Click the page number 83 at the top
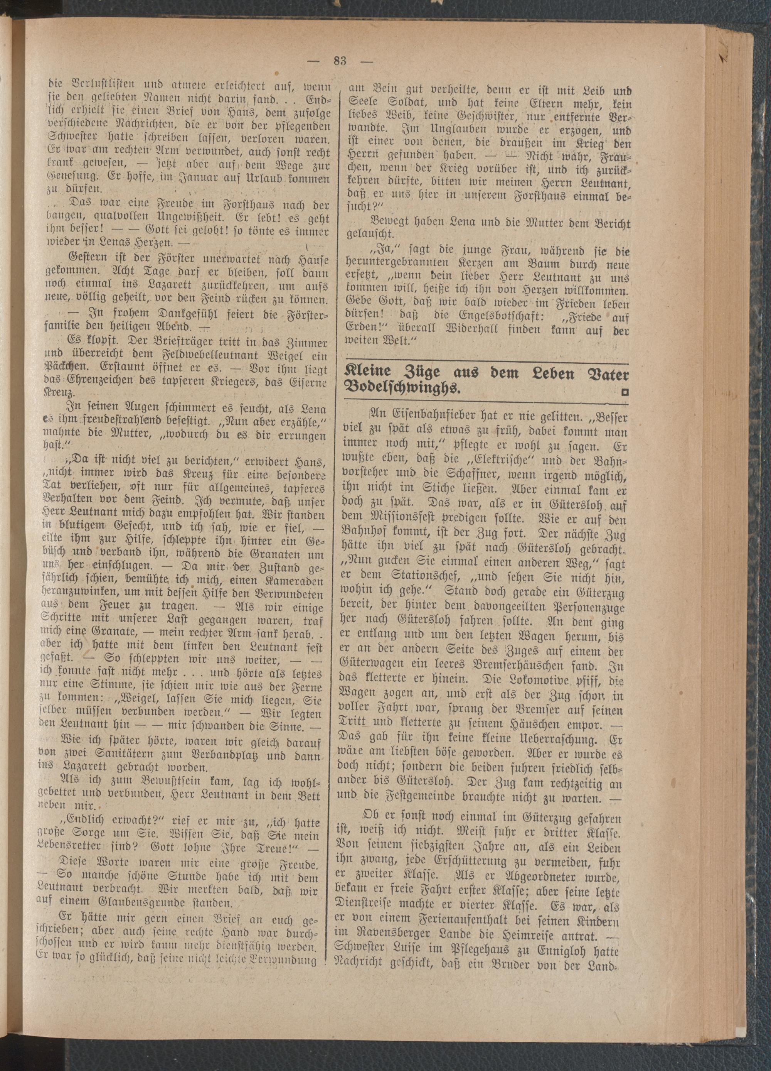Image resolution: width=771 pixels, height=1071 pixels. point(340,61)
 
